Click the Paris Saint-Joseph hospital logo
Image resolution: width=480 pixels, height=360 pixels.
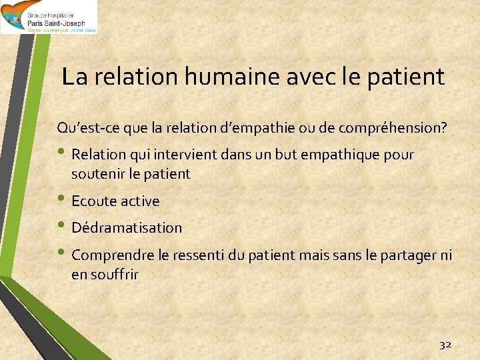coord(49,17)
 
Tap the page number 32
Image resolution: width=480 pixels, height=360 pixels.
coord(445,345)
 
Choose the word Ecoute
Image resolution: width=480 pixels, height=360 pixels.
coord(93,201)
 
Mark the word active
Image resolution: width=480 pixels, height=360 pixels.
coord(139,201)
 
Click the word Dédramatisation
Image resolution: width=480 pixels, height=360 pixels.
coord(127,227)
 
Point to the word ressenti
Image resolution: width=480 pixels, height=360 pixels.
coord(198,255)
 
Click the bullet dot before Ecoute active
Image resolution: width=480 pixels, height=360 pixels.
coord(62,200)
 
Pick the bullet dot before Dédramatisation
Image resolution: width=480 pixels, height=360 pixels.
coord(62,227)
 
